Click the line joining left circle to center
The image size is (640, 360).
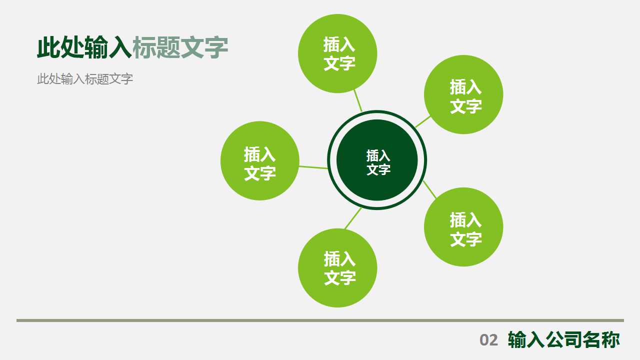(313, 167)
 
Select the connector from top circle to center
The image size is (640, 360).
(357, 100)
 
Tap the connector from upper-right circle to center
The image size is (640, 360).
(422, 121)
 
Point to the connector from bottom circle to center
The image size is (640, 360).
(353, 218)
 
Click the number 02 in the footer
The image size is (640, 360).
(488, 340)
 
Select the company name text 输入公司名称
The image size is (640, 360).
(563, 339)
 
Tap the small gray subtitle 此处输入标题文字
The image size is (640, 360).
(85, 79)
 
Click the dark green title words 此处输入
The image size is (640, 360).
(84, 48)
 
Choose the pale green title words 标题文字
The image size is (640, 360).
(180, 48)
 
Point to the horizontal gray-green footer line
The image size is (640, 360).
(320, 320)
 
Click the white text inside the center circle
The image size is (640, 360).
(378, 162)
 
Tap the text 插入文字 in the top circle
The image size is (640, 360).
(339, 53)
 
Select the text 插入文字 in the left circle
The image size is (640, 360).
(259, 163)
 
